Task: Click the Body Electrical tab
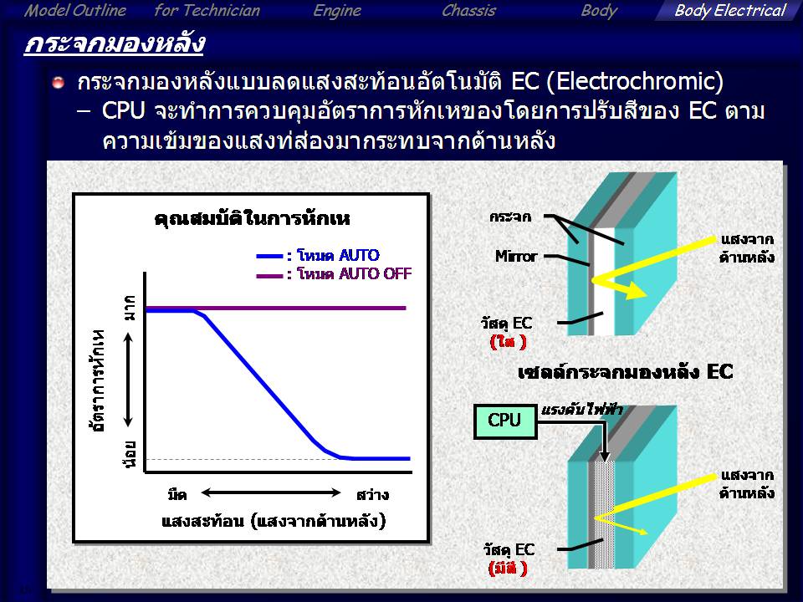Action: point(729,11)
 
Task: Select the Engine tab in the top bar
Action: point(337,11)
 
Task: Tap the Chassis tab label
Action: point(468,11)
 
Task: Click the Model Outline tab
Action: point(74,11)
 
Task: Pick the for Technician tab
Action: point(207,11)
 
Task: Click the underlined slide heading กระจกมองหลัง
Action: point(115,43)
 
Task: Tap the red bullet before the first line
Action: point(59,83)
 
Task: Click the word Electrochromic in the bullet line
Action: point(635,82)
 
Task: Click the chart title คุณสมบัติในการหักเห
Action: point(252,219)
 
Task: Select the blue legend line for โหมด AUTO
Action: point(269,256)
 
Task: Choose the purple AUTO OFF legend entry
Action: point(334,274)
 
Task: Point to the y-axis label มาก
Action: point(130,308)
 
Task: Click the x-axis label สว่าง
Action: point(372,494)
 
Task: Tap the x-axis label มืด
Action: point(177,494)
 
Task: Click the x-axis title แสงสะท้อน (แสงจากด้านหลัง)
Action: point(274,521)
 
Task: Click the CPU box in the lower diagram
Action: point(505,421)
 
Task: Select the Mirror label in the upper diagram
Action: point(516,256)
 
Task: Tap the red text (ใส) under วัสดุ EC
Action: point(508,342)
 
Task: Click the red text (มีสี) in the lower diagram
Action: point(508,569)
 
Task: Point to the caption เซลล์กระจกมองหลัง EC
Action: point(626,371)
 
